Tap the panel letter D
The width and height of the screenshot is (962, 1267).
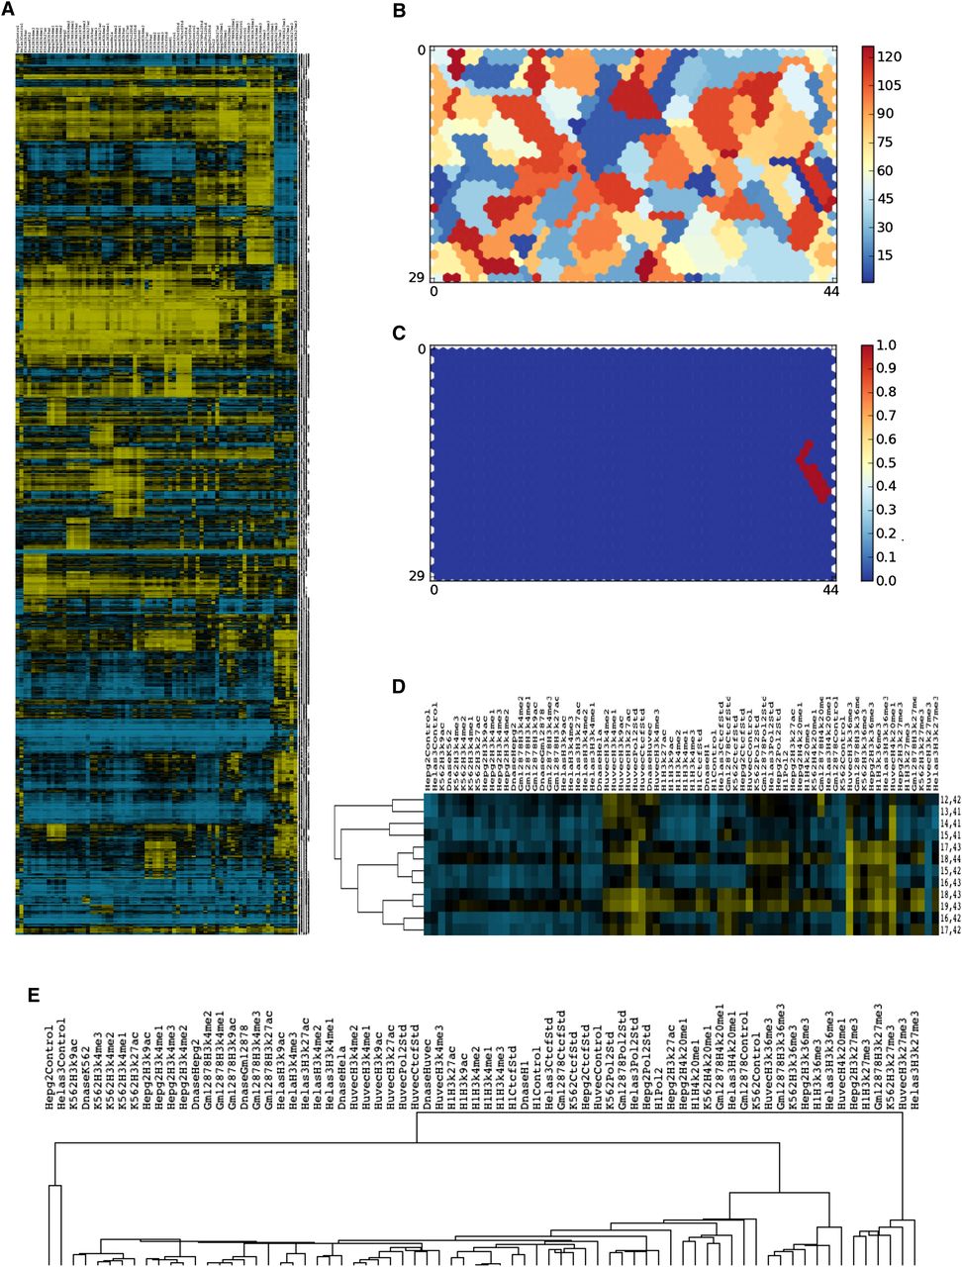(399, 687)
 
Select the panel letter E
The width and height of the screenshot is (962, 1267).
(35, 994)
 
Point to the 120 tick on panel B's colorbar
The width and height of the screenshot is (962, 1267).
(889, 56)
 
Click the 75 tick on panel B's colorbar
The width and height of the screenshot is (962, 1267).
(887, 143)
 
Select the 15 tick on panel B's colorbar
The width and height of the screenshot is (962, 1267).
(887, 255)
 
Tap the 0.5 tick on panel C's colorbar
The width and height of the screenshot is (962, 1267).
(888, 463)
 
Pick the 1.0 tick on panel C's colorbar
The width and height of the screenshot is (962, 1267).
(888, 345)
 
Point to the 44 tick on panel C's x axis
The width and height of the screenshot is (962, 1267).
(830, 590)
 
